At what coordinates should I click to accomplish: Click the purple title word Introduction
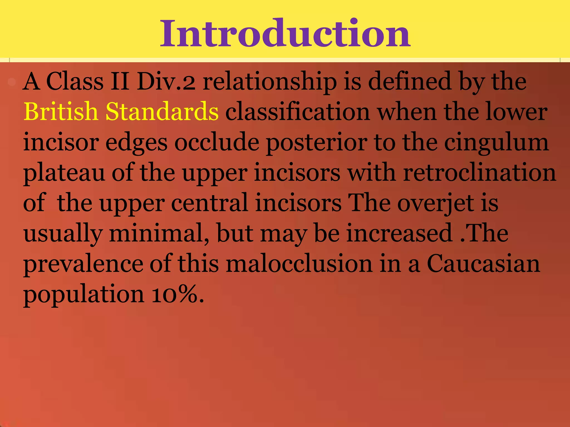(285, 33)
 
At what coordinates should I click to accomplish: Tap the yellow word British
(60, 111)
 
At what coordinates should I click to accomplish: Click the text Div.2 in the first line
(166, 81)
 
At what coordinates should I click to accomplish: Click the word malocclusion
(299, 264)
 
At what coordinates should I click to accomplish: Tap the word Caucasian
(483, 264)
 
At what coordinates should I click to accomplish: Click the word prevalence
(83, 264)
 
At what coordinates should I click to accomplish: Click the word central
(209, 203)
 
